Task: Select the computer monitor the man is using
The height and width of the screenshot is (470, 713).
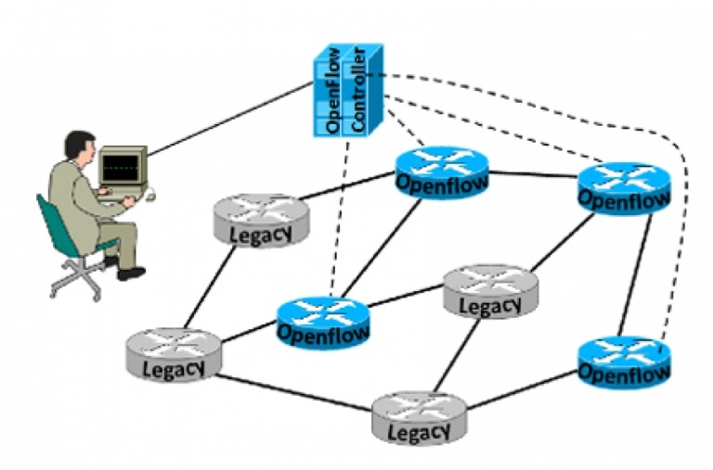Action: pos(123,168)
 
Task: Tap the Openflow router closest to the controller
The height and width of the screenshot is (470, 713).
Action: pos(441,172)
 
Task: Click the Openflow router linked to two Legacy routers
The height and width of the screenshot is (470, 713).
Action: pos(322,321)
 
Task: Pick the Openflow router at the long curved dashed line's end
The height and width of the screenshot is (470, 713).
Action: pos(623,362)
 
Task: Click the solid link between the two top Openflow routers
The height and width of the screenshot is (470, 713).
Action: pos(534,175)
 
